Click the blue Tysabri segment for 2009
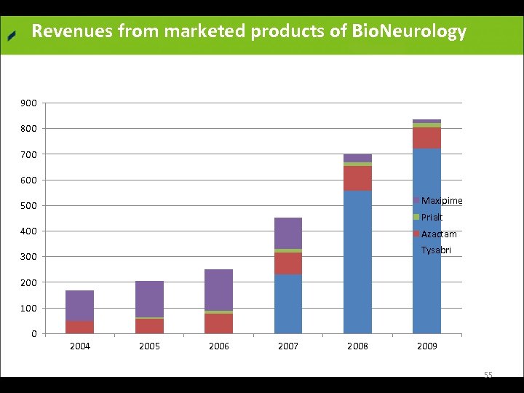click(x=426, y=240)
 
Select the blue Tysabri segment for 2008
click(x=357, y=262)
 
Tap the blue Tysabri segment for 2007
click(x=288, y=303)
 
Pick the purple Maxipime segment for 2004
click(x=79, y=305)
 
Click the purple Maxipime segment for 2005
click(x=149, y=298)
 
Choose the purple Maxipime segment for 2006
click(x=218, y=290)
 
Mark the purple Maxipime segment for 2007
click(x=288, y=233)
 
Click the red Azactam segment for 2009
click(x=426, y=138)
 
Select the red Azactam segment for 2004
click(x=79, y=327)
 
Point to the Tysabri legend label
click(x=436, y=250)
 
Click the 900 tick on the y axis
click(x=29, y=103)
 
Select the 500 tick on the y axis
click(x=29, y=206)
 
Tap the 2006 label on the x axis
click(x=218, y=346)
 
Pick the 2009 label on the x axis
click(x=426, y=346)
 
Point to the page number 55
click(x=488, y=375)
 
